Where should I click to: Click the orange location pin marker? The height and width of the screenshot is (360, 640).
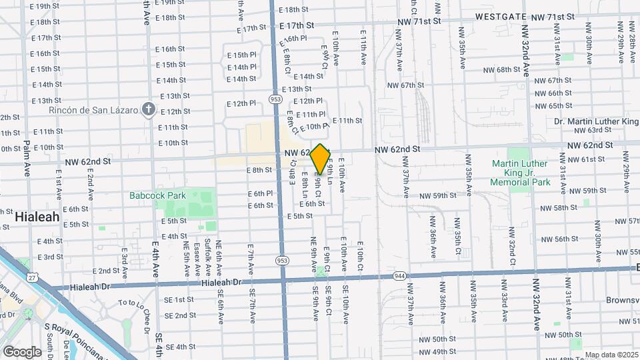pyautogui.click(x=321, y=159)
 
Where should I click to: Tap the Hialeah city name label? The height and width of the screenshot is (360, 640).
pyautogui.click(x=37, y=217)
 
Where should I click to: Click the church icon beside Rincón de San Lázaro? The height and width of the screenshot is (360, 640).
pyautogui.click(x=149, y=109)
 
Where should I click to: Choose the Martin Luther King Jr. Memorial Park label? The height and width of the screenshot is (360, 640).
pyautogui.click(x=520, y=173)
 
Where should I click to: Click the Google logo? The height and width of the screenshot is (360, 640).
pyautogui.click(x=22, y=351)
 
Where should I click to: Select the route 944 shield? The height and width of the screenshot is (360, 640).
pyautogui.click(x=399, y=275)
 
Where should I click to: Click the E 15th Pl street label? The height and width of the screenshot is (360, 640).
pyautogui.click(x=241, y=55)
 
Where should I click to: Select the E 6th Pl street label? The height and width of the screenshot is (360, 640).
pyautogui.click(x=260, y=193)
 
